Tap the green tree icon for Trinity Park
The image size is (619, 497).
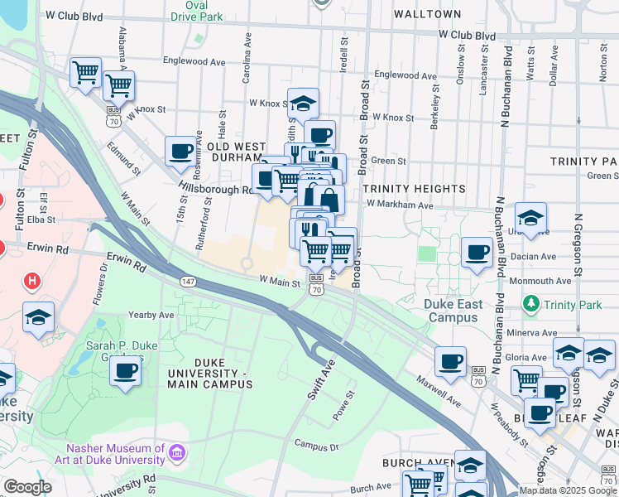tap(531, 305)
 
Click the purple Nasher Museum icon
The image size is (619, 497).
tap(178, 453)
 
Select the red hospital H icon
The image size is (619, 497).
tap(31, 282)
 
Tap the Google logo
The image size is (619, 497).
tap(27, 487)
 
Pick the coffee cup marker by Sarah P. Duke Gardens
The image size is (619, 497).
tap(126, 369)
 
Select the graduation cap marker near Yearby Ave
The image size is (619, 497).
tap(38, 317)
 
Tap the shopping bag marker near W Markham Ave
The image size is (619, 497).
tap(329, 200)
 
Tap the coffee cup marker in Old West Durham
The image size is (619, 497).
tap(180, 152)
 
